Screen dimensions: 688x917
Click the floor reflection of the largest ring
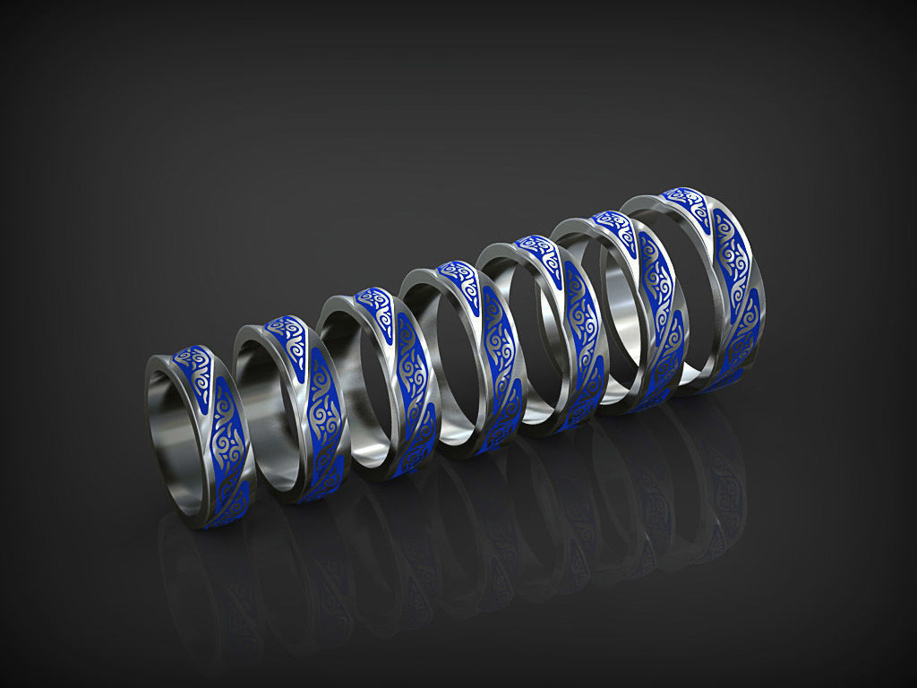pos(707,484)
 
